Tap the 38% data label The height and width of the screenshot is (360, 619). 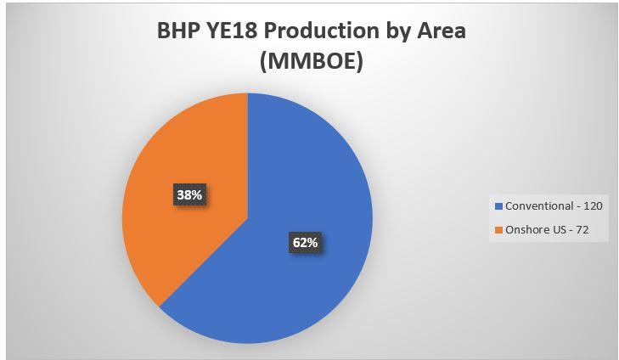tap(189, 194)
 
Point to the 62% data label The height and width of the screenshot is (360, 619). tap(305, 242)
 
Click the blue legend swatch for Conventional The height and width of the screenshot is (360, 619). tap(498, 206)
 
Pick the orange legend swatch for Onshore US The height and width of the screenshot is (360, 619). tap(498, 230)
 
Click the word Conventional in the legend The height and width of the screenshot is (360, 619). tap(539, 206)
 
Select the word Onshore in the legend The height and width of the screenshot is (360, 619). tap(523, 230)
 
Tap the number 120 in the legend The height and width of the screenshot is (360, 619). tap(593, 206)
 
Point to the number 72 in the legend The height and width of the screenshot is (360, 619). tap(582, 230)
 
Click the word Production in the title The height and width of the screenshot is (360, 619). tap(321, 31)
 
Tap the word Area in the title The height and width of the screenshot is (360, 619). tap(442, 31)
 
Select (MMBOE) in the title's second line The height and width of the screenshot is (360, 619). tap(312, 62)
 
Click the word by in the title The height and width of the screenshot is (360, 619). tap(398, 32)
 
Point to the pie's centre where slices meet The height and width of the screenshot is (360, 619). tap(248, 218)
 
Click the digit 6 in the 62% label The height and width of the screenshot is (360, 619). tap(296, 242)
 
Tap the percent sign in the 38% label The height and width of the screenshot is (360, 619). tap(196, 195)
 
